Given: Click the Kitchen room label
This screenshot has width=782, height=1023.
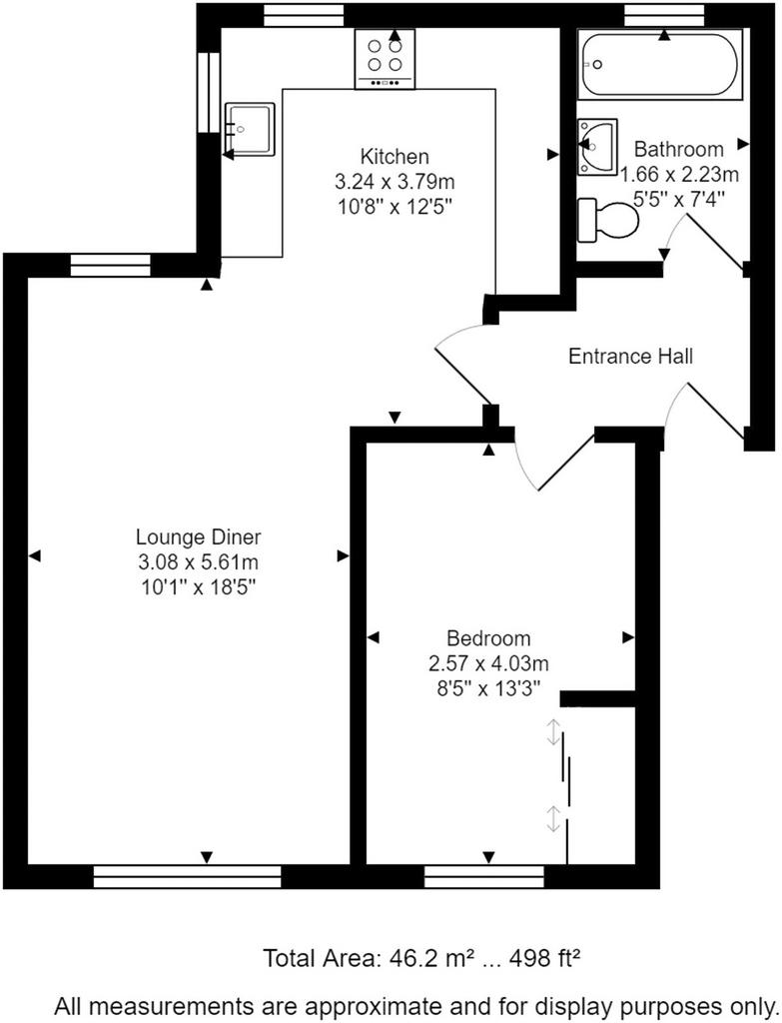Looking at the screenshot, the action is pos(394,157).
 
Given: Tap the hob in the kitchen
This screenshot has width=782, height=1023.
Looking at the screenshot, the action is pos(385,59).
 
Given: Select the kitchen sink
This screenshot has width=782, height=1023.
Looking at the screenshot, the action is pos(251,130).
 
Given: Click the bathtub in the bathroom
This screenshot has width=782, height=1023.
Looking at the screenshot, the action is pos(660,66).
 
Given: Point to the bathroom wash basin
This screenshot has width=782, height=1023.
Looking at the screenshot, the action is pos(597,147).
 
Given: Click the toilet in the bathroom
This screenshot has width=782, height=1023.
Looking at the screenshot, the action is pos(608,219).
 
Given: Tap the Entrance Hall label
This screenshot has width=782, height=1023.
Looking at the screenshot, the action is pos(630,357).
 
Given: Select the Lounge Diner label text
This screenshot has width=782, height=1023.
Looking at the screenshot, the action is pos(199,536).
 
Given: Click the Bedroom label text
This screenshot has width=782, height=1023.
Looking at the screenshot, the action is pos(488,638).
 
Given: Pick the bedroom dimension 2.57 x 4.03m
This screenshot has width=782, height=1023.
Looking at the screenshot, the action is pos(488,663).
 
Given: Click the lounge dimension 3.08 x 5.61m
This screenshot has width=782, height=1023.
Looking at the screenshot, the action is pos(199,562).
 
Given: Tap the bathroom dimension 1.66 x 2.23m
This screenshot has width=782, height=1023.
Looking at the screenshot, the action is pos(679,174).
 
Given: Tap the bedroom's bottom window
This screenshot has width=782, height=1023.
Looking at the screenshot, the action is pos(484,876).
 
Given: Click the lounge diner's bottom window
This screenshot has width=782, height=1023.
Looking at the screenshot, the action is pos(187,876).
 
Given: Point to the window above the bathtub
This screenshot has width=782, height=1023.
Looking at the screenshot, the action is pos(664,14).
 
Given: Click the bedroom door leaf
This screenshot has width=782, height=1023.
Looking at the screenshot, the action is pos(566,460).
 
